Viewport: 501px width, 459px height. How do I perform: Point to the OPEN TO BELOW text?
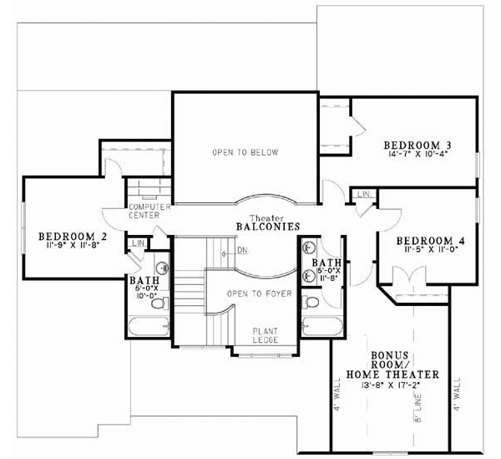click(245, 152)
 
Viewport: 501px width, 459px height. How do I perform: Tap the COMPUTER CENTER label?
click(149, 211)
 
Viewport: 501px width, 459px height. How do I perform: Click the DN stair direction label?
click(242, 250)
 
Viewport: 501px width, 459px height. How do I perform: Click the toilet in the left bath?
click(162, 267)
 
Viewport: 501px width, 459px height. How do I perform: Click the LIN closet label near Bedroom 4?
click(364, 194)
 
